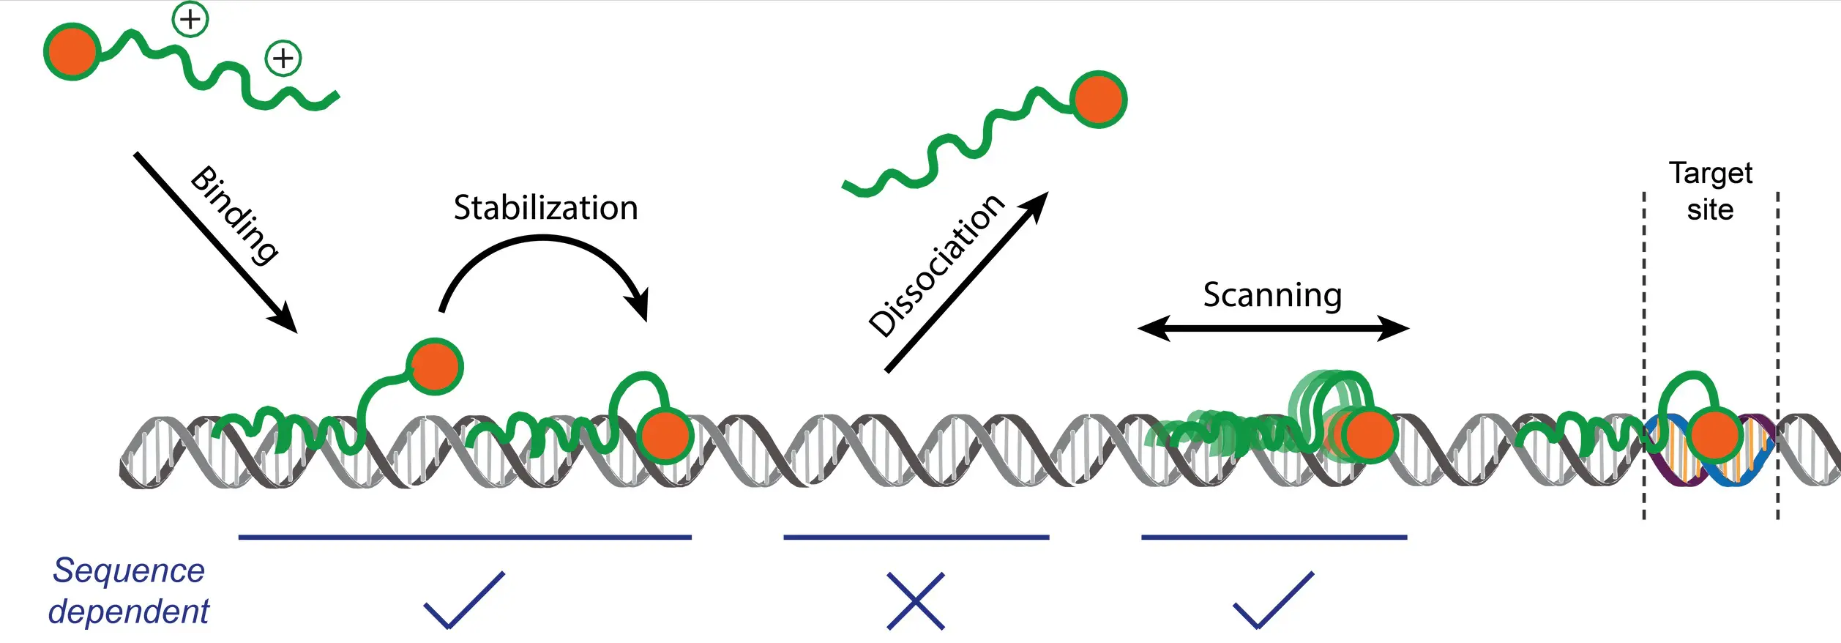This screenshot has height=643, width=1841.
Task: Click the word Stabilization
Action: [545, 208]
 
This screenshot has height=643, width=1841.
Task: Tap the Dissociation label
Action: [938, 265]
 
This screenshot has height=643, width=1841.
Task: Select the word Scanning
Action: [1272, 295]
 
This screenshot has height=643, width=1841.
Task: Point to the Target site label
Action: [1711, 191]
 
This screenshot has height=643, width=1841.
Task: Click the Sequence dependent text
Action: [129, 590]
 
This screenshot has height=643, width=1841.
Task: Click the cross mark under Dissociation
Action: [916, 601]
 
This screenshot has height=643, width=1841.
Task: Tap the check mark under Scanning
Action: [1274, 600]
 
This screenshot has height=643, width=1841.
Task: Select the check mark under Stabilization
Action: [464, 600]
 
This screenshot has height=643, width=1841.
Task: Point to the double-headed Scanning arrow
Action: [1274, 328]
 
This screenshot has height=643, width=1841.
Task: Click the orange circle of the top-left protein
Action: [72, 51]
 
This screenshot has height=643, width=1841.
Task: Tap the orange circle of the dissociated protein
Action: [1098, 100]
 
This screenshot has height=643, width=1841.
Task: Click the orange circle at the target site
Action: [1714, 435]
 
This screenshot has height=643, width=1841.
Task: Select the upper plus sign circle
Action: [190, 19]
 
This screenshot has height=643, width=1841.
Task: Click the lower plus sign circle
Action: [283, 58]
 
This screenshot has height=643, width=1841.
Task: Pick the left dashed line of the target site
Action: [1644, 352]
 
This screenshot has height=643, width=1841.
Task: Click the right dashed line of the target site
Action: [1778, 352]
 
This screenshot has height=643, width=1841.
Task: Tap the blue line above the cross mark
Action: [916, 537]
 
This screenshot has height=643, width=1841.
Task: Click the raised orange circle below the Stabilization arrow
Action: [435, 366]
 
